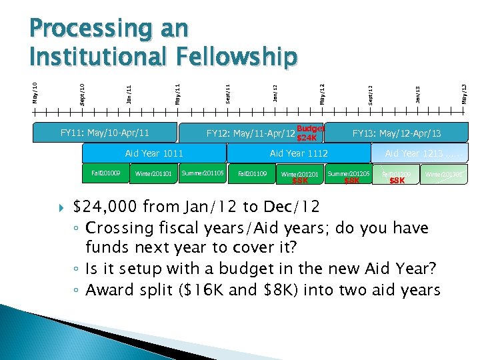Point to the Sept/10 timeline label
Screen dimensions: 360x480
pyautogui.click(x=82, y=94)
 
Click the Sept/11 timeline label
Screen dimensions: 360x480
pyautogui.click(x=228, y=93)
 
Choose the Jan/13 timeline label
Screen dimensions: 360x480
pyautogui.click(x=417, y=94)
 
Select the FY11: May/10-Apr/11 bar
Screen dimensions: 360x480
pyautogui.click(x=105, y=133)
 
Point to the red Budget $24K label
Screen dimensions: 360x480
pyautogui.click(x=309, y=133)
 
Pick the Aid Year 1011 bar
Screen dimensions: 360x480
pyautogui.click(x=154, y=153)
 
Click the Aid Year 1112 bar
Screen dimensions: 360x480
pyautogui.click(x=298, y=153)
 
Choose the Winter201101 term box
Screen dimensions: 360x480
pyautogui.click(x=153, y=174)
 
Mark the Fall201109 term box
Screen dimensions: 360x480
pyautogui.click(x=252, y=174)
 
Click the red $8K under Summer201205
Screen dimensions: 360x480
pyautogui.click(x=351, y=181)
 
